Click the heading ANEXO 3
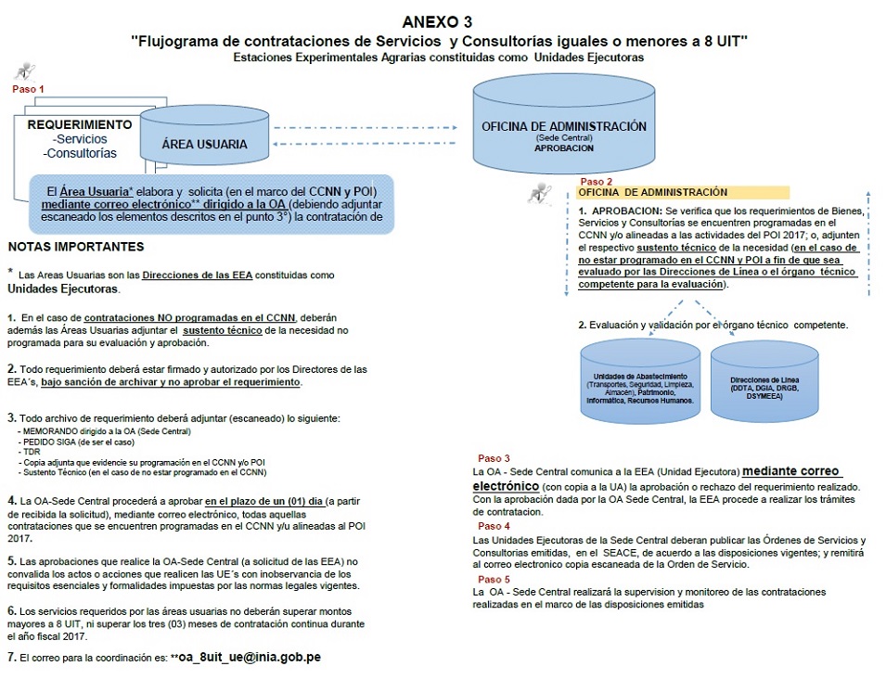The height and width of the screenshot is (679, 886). coord(443,20)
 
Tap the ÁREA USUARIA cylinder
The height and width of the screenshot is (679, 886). coord(204,143)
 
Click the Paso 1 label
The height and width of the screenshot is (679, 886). coord(28,89)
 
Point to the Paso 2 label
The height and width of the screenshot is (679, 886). coord(596,182)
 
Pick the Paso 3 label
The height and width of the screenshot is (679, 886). coord(494,458)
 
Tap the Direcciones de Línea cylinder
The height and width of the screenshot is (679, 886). coord(765,385)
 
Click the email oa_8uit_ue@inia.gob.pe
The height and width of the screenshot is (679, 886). coord(250,657)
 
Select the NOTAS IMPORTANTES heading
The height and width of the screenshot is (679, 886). coord(76,247)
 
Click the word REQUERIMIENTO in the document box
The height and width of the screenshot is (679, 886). coord(80,124)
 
